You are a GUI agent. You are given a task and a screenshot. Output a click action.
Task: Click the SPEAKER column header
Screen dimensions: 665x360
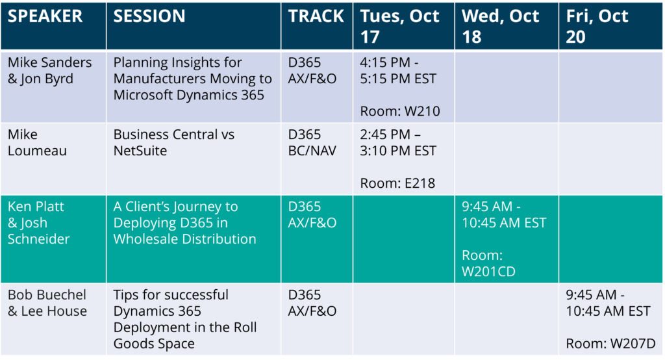tap(45, 16)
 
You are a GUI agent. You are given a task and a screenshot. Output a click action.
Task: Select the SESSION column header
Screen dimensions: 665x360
tap(149, 16)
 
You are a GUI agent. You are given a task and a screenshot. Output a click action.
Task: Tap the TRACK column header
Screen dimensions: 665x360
tap(316, 16)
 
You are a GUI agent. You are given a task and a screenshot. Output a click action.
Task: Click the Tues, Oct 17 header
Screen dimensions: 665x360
tap(399, 27)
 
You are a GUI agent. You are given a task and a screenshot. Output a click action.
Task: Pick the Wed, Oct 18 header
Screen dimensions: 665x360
tap(501, 27)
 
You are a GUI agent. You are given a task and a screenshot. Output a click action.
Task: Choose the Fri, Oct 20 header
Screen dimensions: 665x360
tap(597, 27)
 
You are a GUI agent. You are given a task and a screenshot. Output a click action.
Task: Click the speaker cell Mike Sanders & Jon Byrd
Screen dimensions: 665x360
tap(49, 70)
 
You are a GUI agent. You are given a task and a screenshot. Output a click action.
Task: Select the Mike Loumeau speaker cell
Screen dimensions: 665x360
tap(37, 143)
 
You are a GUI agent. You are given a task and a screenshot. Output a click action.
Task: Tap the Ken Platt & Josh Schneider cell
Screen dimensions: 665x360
tap(38, 222)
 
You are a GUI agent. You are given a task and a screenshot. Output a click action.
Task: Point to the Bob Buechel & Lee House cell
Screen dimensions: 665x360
tap(47, 303)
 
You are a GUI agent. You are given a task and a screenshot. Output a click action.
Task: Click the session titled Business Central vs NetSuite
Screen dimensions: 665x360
tap(174, 143)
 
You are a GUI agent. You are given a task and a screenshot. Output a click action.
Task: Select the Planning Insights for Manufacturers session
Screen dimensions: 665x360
tap(192, 79)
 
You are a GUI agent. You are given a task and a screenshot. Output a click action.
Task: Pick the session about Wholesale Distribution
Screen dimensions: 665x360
tap(185, 222)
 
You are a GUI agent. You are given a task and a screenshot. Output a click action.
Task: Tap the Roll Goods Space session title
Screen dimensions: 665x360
tap(185, 319)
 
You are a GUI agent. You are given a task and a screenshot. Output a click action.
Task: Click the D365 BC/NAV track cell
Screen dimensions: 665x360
tap(312, 143)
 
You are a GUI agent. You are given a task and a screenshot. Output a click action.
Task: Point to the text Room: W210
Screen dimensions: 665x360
tap(400, 111)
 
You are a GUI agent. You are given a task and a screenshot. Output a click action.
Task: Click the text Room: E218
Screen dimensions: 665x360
tap(397, 183)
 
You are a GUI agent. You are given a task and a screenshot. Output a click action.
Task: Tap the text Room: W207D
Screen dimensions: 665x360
tap(610, 344)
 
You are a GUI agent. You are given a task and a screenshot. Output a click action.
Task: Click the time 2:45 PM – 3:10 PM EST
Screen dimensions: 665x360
tap(398, 143)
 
